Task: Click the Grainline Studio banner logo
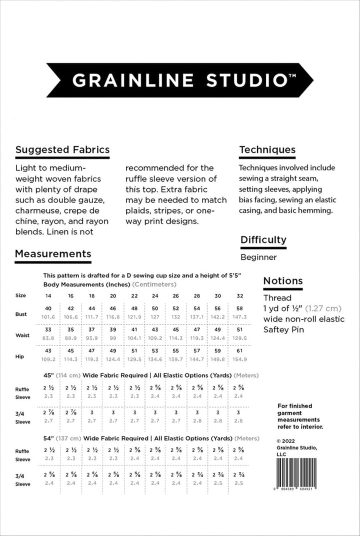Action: click(179, 80)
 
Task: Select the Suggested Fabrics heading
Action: click(62, 149)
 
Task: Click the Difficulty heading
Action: click(263, 239)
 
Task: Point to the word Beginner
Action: click(258, 257)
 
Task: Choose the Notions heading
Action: click(283, 281)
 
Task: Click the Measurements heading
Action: click(53, 253)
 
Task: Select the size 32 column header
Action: click(240, 295)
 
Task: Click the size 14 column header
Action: click(48, 295)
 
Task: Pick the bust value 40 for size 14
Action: click(48, 308)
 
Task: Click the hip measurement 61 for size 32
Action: click(240, 350)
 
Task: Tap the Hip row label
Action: click(20, 356)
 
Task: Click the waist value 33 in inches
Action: click(48, 329)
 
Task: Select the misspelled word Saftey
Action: click(275, 329)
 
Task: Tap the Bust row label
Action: click(21, 314)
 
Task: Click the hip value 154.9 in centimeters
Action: click(240, 359)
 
